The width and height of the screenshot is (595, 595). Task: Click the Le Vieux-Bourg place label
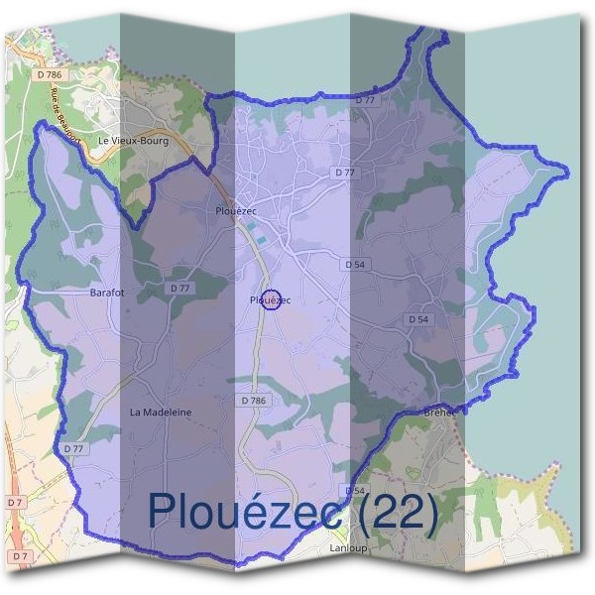133,141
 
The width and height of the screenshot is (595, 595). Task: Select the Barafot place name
107,293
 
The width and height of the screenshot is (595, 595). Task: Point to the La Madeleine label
161,412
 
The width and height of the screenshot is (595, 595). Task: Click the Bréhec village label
439,412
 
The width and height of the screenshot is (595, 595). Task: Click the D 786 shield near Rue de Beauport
47,74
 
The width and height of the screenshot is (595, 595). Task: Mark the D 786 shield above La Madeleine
254,400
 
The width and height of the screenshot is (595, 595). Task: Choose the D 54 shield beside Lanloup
355,491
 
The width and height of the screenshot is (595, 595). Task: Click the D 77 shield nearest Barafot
179,288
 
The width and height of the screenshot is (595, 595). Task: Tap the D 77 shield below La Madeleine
74,448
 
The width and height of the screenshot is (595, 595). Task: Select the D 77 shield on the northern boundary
366,100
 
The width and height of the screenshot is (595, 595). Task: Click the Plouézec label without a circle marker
236,211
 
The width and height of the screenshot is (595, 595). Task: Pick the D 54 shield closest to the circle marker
354,265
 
